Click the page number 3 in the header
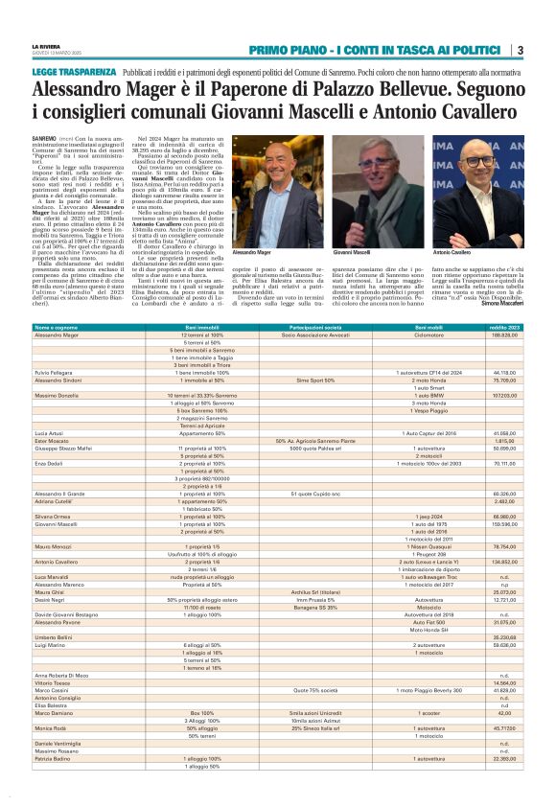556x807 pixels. point(519,51)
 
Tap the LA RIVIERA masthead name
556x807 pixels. point(45,45)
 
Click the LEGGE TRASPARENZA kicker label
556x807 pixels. point(74,73)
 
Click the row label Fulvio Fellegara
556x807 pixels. point(56,372)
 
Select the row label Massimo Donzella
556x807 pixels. point(58,394)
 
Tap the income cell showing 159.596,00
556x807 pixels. point(504,524)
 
